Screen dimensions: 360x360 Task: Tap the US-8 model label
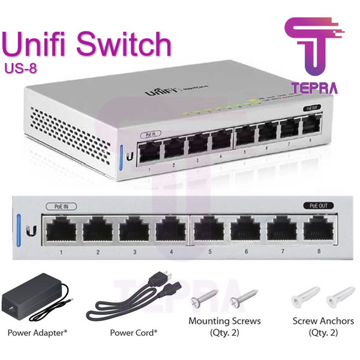pos(20,68)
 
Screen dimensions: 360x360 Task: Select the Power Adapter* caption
pos(37,332)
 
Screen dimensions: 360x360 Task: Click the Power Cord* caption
pos(133,332)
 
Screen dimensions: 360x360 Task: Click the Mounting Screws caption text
pos(224,321)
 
